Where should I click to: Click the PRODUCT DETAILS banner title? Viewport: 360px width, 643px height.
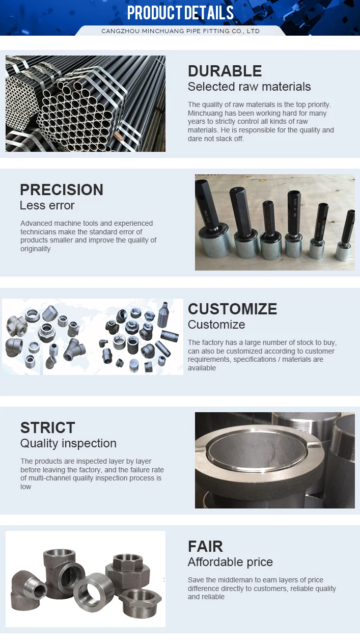(x=180, y=13)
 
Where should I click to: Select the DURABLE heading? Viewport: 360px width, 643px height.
(x=225, y=71)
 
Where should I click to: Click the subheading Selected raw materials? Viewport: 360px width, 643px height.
(x=250, y=87)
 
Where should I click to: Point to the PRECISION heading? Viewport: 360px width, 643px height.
(x=62, y=190)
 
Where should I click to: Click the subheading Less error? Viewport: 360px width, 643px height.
(x=47, y=205)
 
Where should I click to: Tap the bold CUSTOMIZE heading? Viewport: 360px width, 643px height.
(x=232, y=309)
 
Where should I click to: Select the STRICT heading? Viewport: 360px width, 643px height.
(x=48, y=427)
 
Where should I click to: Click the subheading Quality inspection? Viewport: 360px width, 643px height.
(x=68, y=443)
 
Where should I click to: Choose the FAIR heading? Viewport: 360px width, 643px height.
(x=205, y=546)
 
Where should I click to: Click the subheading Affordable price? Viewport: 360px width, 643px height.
(x=230, y=562)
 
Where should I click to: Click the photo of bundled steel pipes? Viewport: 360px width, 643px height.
(x=86, y=103)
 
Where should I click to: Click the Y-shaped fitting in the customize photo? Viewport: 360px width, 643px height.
(x=74, y=350)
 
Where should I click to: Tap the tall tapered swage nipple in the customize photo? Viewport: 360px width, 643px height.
(x=163, y=314)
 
